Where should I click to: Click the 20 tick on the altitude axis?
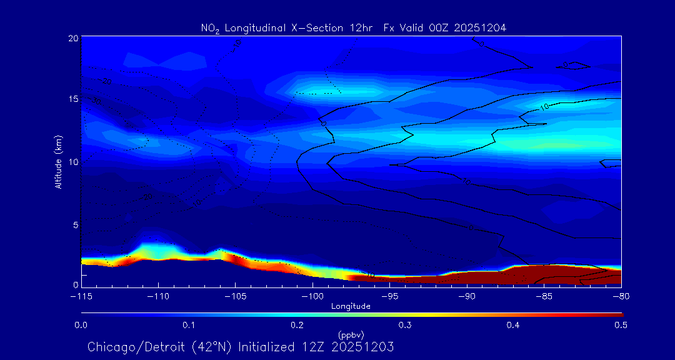pos(72,38)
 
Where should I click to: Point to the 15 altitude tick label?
pos(72,99)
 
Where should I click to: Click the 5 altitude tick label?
pos(75,224)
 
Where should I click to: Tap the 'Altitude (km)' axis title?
pos(58,161)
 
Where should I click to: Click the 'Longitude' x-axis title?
pos(351,306)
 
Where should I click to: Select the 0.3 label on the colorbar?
pos(405,325)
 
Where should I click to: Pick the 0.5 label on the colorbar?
pos(621,325)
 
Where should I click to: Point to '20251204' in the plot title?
pos(481,27)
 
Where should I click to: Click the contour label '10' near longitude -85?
pos(544,107)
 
